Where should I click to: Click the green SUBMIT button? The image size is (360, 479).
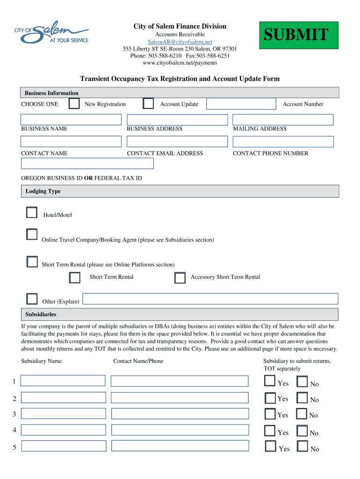[298, 35]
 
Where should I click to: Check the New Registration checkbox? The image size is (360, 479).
[74, 104]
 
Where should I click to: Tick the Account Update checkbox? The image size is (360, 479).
[148, 104]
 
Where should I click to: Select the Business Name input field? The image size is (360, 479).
[71, 120]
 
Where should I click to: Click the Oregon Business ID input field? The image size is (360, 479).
[87, 163]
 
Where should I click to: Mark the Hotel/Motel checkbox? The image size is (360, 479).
[32, 213]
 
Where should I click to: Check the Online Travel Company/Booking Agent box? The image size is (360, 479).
[32, 234]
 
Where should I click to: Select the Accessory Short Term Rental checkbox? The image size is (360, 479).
[180, 278]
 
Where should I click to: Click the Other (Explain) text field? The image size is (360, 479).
[210, 299]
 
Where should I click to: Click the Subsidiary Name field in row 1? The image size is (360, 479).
[63, 381]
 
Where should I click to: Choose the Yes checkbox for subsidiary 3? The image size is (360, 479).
[270, 414]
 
